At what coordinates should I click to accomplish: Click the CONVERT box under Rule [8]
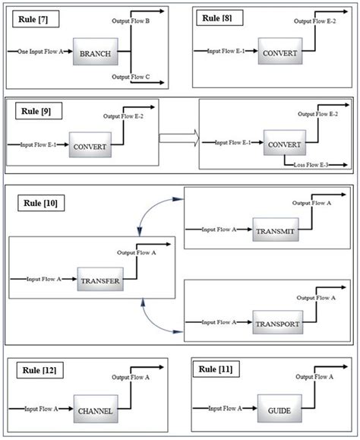point(279,53)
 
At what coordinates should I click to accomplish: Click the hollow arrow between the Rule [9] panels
point(178,138)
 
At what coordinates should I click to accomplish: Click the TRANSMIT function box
point(274,229)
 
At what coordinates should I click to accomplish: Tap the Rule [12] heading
point(39,370)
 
